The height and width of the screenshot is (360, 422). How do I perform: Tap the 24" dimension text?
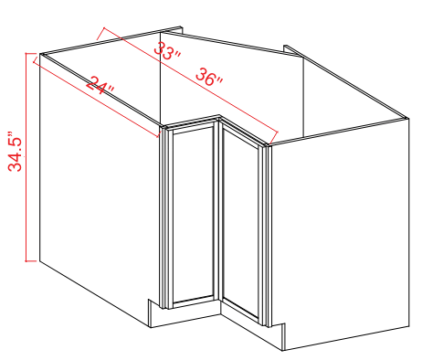pyautogui.click(x=101, y=89)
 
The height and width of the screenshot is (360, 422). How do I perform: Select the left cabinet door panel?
pyautogui.click(x=193, y=215)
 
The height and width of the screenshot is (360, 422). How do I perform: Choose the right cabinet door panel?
pyautogui.click(x=241, y=224)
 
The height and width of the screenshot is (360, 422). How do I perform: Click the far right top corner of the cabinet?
pyautogui.click(x=407, y=116)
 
